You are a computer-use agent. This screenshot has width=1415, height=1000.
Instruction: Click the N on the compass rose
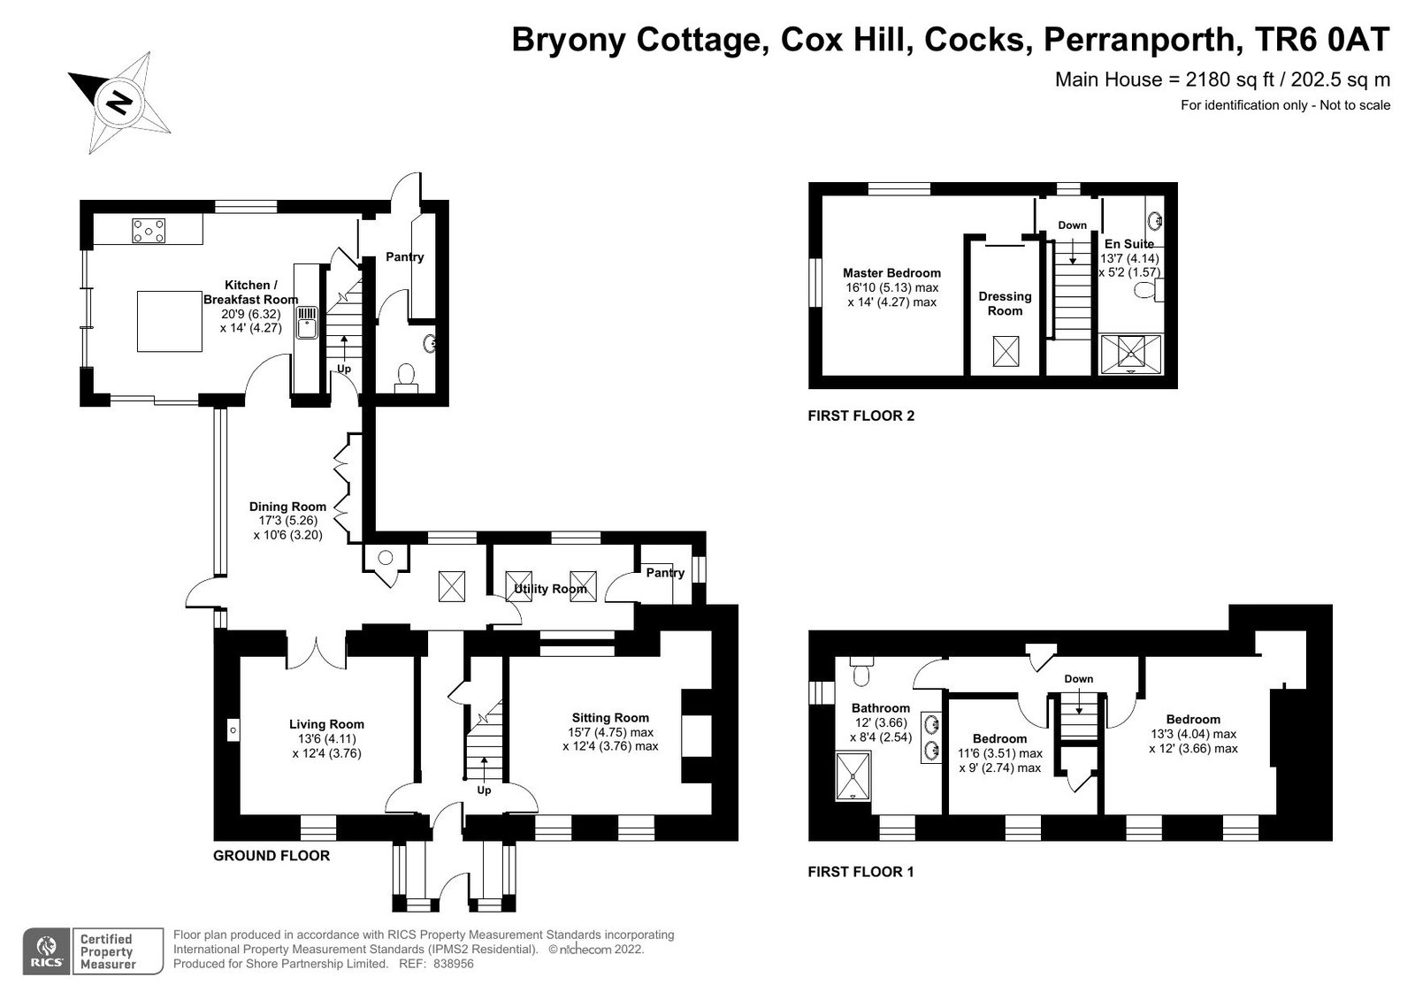(119, 102)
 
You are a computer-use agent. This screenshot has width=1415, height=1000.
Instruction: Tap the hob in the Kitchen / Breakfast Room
(149, 231)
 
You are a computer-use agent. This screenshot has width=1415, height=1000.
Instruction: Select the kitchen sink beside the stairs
(308, 322)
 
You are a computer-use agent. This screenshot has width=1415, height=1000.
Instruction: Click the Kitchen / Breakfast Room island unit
(169, 321)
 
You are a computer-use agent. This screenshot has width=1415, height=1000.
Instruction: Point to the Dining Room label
(287, 507)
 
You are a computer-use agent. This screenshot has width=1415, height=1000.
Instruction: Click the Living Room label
(326, 724)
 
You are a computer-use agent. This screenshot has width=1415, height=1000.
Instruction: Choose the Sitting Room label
(610, 718)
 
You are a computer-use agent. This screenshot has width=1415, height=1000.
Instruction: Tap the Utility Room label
(550, 589)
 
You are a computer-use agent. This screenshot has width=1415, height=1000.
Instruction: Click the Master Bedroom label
(892, 273)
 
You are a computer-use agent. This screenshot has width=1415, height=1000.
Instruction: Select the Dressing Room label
(1005, 304)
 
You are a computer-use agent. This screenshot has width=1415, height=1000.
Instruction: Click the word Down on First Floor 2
(1073, 225)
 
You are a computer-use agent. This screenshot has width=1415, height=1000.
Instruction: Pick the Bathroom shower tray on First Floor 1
(853, 775)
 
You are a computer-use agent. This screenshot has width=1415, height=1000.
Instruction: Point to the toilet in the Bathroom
(861, 671)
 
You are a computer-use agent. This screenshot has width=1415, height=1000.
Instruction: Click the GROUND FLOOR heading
(272, 856)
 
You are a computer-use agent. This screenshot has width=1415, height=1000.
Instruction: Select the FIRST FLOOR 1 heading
(861, 872)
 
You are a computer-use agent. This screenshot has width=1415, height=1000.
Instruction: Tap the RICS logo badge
(47, 951)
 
